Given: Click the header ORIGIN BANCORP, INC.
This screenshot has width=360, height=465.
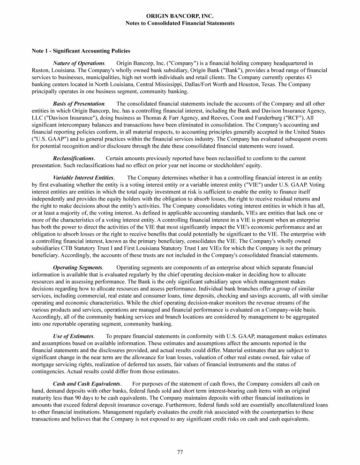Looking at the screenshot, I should (180, 16).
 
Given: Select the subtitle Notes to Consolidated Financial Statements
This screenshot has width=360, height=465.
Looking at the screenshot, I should (180, 23).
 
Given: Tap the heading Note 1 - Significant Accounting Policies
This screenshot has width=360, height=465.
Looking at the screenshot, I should (81, 51).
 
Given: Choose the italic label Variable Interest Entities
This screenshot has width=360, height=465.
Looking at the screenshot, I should (83, 178).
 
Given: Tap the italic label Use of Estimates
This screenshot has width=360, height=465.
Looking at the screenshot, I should (74, 336).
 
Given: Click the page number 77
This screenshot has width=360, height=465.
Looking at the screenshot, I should (180, 451).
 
